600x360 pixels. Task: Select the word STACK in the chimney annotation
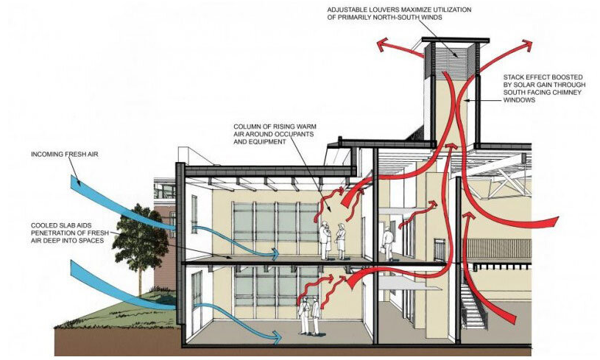click(x=512, y=77)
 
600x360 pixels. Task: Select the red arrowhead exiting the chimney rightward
click(x=526, y=45)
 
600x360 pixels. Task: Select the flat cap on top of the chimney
click(x=456, y=40)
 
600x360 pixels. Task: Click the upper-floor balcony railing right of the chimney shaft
click(x=499, y=249)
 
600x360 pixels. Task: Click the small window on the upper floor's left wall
click(x=194, y=214)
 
